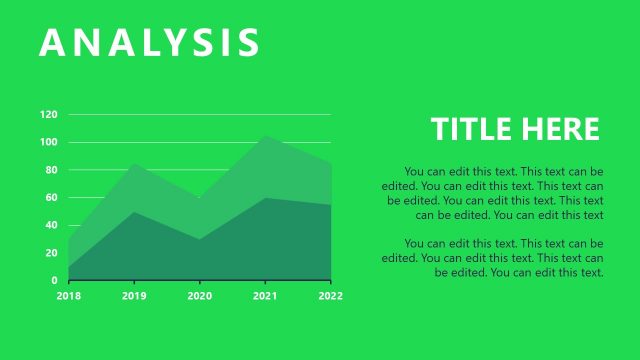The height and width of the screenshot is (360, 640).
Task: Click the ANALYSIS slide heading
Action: [150, 43]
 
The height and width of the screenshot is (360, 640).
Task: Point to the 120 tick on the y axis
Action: [48, 114]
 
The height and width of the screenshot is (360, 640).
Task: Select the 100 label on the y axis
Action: [48, 142]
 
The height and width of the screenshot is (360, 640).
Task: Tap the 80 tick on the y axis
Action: [51, 170]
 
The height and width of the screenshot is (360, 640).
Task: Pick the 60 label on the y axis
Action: [51, 197]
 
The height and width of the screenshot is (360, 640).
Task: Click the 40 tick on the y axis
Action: [51, 225]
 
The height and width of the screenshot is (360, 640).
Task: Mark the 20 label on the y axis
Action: [51, 253]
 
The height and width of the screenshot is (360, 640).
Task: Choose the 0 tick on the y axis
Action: [54, 280]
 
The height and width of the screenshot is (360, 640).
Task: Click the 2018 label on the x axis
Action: [69, 296]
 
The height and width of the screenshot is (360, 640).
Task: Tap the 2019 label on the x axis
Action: [134, 296]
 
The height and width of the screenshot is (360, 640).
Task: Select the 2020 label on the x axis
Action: [200, 296]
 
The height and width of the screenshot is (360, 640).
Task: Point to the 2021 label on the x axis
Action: [265, 296]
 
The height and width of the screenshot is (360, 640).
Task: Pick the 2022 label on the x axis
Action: [331, 296]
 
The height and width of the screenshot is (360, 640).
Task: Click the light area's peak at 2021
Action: [265, 137]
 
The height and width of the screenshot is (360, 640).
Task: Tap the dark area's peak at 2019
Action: [134, 212]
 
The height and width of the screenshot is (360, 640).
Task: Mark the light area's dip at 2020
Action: [200, 198]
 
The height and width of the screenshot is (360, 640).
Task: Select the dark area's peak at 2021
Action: [265, 198]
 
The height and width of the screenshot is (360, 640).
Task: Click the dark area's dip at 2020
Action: [200, 240]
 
